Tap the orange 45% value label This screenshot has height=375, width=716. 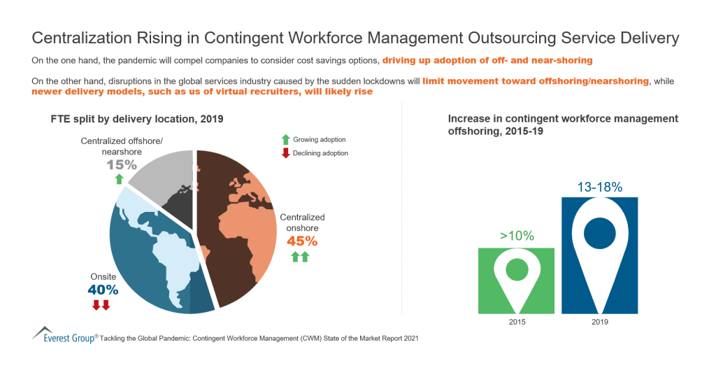tap(302, 241)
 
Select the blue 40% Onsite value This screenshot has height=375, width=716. tap(103, 289)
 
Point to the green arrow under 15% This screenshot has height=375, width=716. tap(120, 180)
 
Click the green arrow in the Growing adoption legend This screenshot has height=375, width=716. tap(285, 140)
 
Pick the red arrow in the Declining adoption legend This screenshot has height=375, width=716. tap(285, 153)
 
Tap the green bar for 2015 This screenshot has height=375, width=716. tap(516, 280)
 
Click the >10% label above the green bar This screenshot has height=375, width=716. tap(517, 236)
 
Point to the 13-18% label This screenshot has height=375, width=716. tap(599, 187)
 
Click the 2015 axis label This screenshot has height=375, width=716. tap(516, 322)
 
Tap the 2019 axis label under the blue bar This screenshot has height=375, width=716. tap(599, 322)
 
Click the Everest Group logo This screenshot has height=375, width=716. tap(64, 336)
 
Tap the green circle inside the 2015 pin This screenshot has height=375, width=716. tap(516, 270)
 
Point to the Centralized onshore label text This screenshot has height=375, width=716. tap(302, 222)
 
